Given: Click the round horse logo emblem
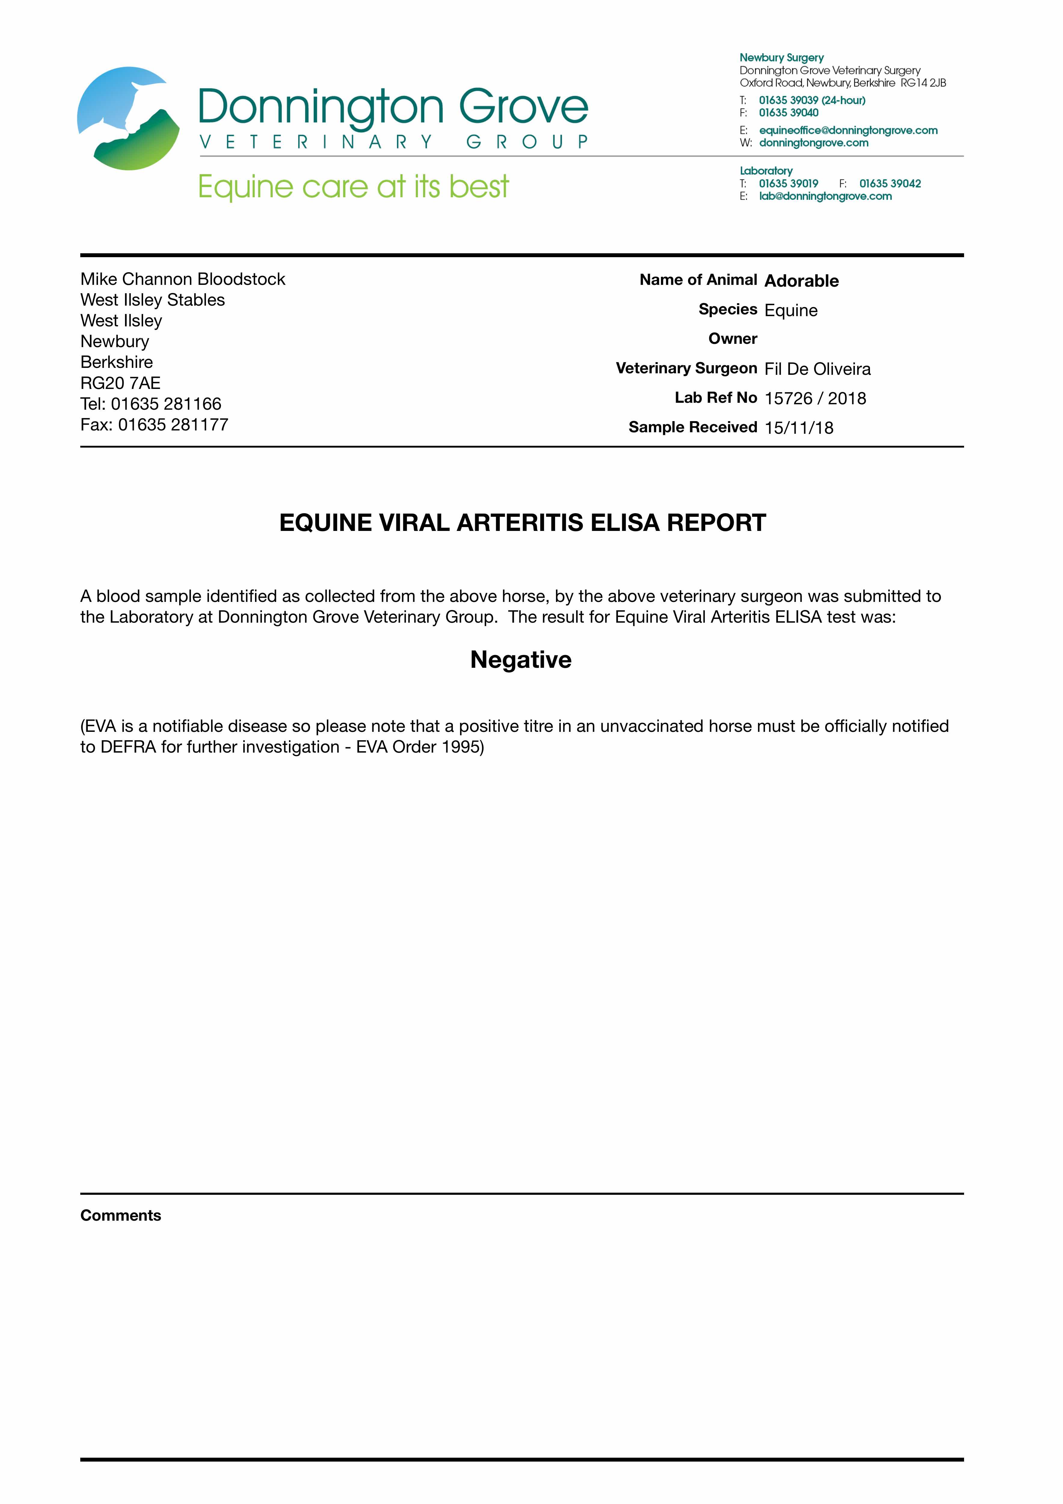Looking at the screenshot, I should click(128, 119).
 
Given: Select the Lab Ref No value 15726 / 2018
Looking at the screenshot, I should click(815, 398).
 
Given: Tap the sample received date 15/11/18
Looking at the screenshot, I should click(798, 428).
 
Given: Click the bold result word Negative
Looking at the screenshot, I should click(521, 660).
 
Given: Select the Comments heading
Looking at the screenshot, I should click(121, 1215).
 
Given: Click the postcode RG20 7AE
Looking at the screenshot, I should click(121, 383).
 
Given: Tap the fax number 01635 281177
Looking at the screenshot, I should click(173, 424).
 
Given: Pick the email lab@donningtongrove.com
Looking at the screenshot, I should click(825, 196).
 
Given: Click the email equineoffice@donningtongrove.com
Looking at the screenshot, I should click(848, 130).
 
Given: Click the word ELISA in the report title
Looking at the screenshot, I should click(625, 523).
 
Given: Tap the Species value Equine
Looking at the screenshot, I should click(791, 310).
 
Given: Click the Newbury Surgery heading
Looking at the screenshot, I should click(781, 58).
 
